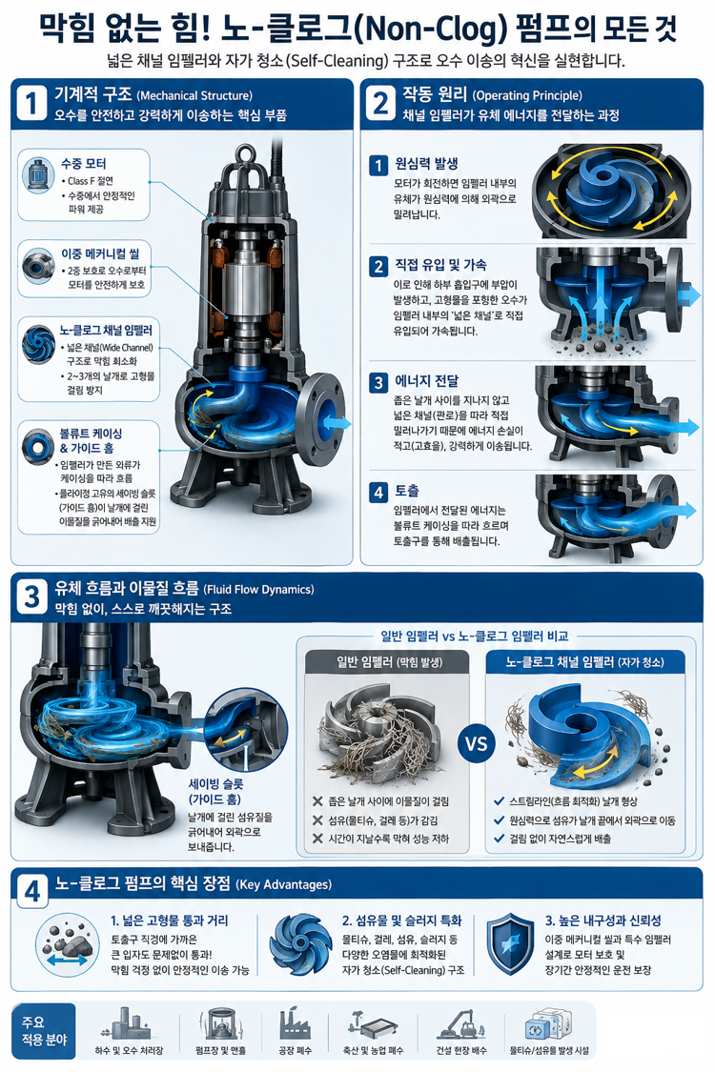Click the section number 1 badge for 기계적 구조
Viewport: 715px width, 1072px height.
(x=31, y=104)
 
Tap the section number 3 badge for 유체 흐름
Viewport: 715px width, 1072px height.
(x=31, y=597)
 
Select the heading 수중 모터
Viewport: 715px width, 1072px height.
(x=84, y=163)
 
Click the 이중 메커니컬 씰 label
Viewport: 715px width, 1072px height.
(x=100, y=253)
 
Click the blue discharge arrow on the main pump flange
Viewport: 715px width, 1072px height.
(x=337, y=422)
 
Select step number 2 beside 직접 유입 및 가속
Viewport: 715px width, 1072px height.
(x=378, y=266)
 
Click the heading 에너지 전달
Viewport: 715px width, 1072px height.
(x=427, y=381)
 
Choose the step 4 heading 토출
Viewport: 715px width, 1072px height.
(x=407, y=491)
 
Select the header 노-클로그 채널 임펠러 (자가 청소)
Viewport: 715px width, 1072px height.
(x=585, y=662)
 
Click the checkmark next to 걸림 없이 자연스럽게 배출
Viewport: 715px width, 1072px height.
(x=500, y=839)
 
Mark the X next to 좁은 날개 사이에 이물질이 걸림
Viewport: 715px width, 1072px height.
(x=317, y=801)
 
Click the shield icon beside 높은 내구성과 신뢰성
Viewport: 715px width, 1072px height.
(x=510, y=943)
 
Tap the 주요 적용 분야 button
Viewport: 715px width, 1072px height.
(x=44, y=1031)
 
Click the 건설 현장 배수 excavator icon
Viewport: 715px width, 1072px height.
(x=461, y=1024)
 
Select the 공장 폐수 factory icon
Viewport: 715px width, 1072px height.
(x=295, y=1023)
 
